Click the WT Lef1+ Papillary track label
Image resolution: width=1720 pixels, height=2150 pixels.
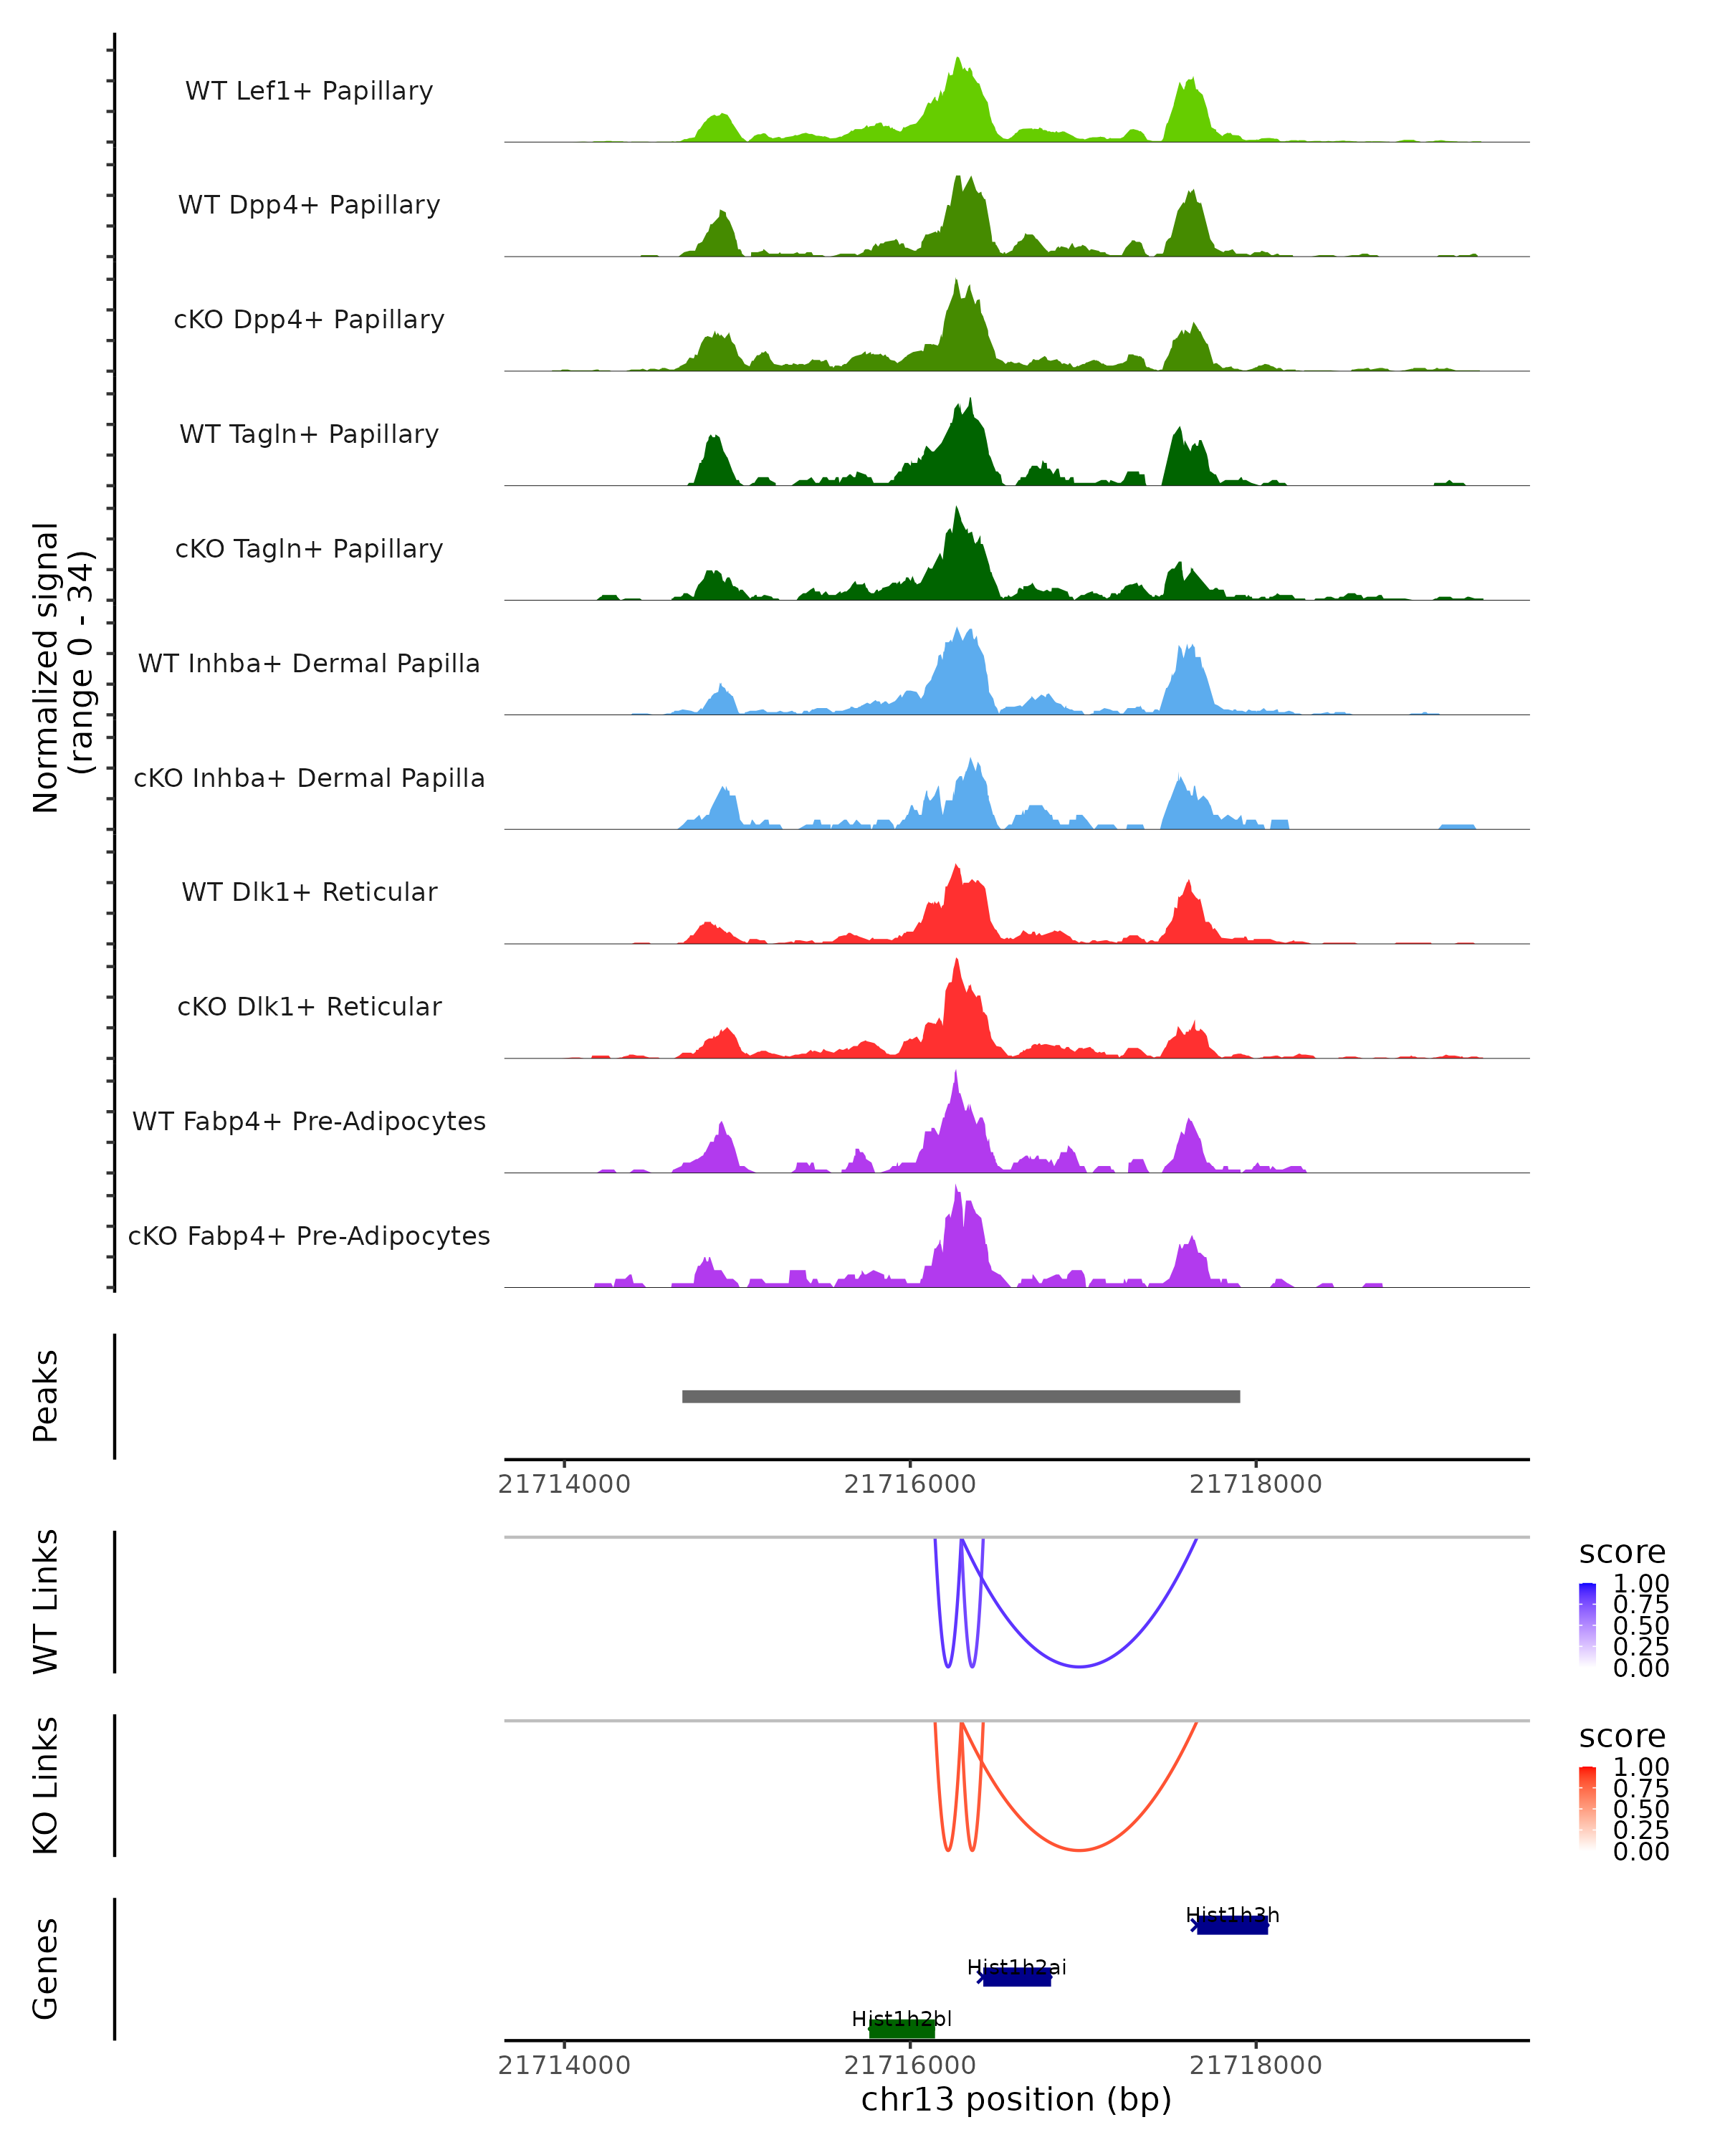tap(309, 91)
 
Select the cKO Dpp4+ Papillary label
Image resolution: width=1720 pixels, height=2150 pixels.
tap(309, 319)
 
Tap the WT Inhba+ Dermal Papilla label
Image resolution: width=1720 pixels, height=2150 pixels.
tap(309, 663)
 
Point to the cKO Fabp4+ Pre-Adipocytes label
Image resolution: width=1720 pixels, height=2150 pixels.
tap(309, 1236)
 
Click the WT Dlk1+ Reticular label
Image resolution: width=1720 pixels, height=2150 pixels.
tap(309, 892)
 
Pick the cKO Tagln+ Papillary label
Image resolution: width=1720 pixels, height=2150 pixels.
tap(309, 548)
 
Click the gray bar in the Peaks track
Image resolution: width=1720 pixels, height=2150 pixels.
tap(960, 1396)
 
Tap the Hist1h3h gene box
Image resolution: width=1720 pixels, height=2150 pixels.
tap(1233, 1926)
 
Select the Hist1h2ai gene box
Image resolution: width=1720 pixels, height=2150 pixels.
tap(1016, 1977)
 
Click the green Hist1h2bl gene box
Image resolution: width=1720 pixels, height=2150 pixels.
tap(902, 2030)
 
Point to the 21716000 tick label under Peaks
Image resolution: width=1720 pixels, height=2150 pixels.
tap(909, 1484)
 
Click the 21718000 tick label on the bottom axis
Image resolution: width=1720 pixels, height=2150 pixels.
tap(1256, 2065)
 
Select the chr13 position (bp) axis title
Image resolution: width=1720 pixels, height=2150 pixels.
tap(1016, 2099)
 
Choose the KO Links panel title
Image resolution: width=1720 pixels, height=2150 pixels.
tap(46, 1785)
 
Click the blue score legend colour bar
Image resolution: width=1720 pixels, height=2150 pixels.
tap(1587, 1625)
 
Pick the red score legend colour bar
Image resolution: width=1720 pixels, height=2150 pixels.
tap(1587, 1808)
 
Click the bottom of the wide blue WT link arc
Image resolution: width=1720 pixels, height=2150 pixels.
tap(1079, 1666)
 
